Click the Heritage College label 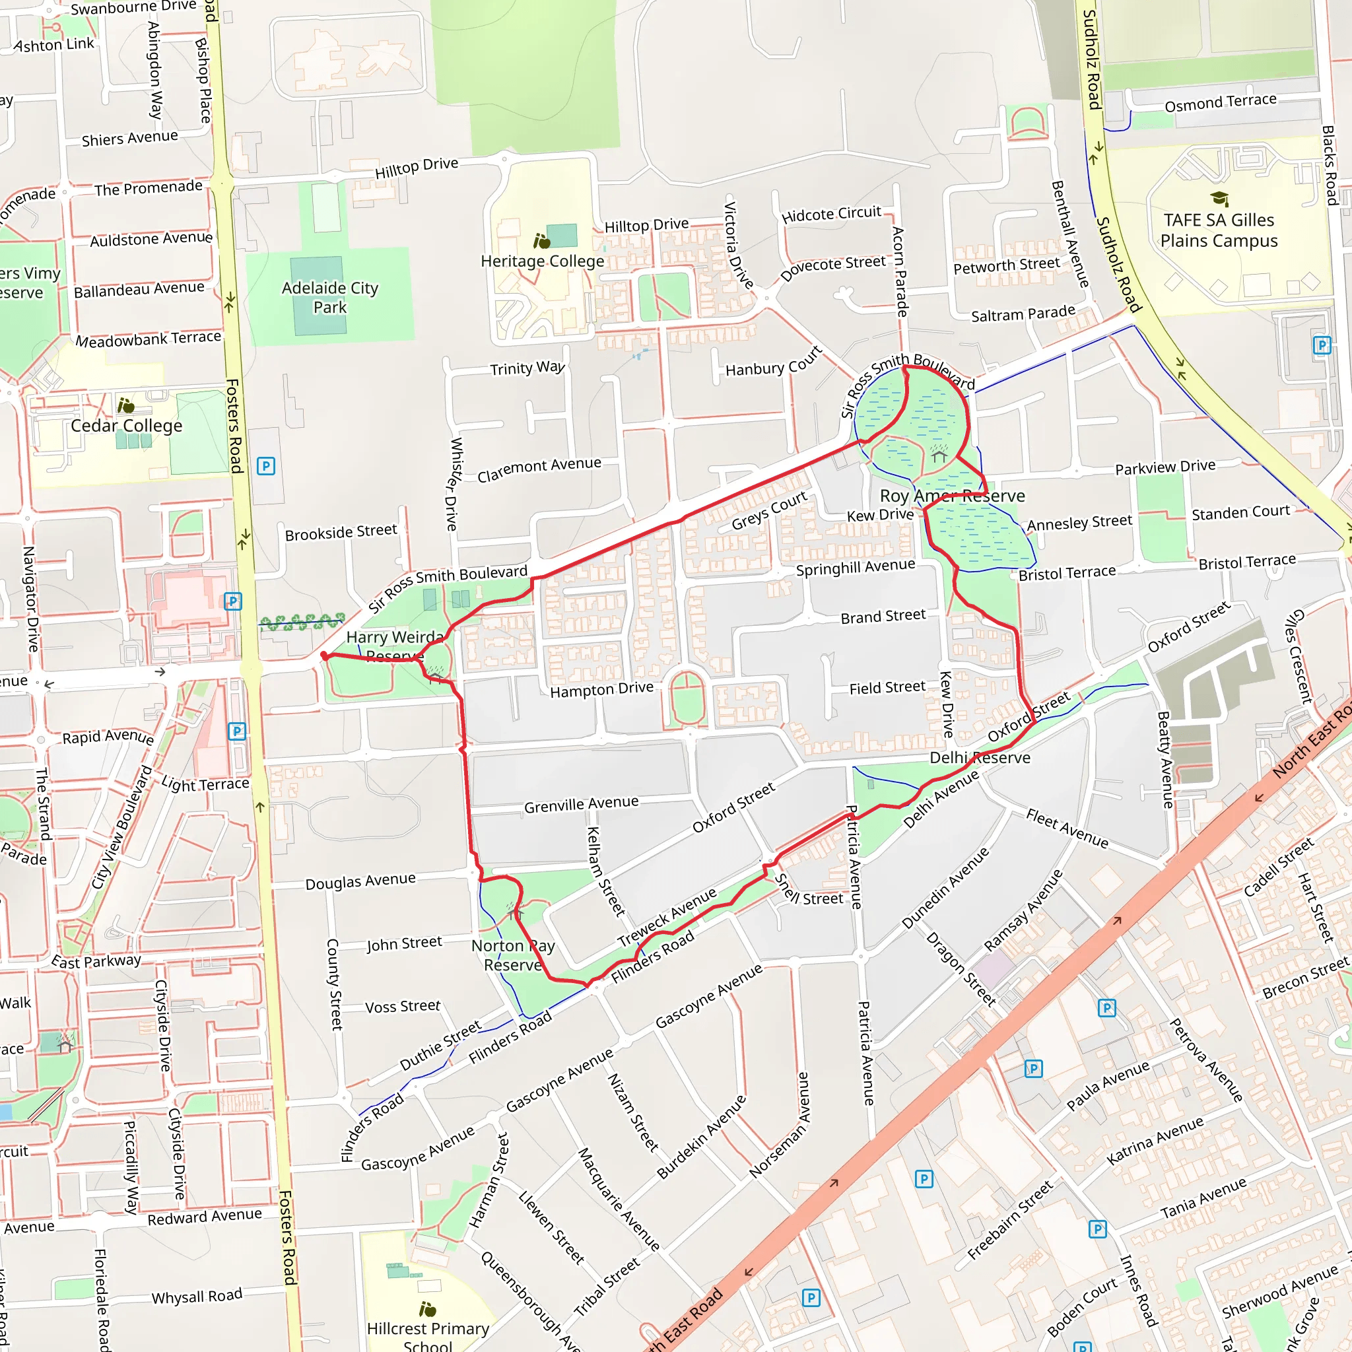543,261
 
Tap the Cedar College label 127,426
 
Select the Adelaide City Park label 329,298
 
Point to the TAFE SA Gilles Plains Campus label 1219,230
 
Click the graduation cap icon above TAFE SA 1219,199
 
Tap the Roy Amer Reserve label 952,496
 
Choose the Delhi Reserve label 980,758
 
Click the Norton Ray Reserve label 513,955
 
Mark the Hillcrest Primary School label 428,1336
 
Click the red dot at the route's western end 324,656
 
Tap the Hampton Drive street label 602,690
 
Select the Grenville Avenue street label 581,804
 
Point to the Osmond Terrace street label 1221,103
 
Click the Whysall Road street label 197,1296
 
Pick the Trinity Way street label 527,368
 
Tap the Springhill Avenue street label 855,567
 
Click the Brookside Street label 341,532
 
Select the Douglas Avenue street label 360,881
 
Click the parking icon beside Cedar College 266,466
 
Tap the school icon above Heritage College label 541,242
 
